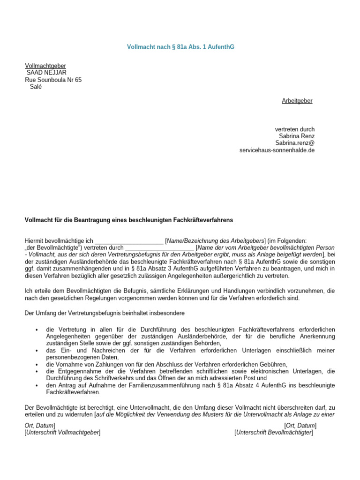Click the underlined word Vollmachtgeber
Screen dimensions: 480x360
click(x=45, y=66)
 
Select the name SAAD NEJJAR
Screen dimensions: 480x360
click(x=46, y=73)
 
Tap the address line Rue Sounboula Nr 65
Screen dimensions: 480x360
click(x=53, y=80)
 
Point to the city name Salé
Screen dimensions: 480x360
click(x=36, y=87)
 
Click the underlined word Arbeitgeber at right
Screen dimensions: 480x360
click(x=297, y=101)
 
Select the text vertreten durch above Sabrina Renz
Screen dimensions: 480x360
click(x=294, y=129)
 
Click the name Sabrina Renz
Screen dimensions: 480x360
click(x=297, y=136)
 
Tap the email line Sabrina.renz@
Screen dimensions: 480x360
click(x=294, y=143)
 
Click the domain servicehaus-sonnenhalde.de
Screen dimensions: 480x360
click(x=277, y=150)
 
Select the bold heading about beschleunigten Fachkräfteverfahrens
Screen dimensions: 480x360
click(x=128, y=219)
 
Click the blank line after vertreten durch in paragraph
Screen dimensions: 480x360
click(x=159, y=247)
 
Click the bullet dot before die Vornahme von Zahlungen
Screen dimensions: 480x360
click(x=37, y=364)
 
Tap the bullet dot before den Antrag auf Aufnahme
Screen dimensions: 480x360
click(x=37, y=385)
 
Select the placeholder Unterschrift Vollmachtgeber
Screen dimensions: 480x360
click(x=62, y=432)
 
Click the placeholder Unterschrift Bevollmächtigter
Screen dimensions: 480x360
click(x=273, y=432)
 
